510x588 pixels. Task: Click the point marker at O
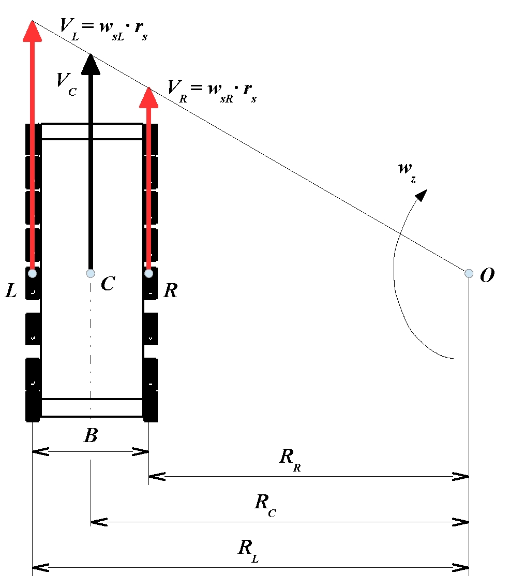point(469,273)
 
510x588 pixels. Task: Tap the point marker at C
point(91,273)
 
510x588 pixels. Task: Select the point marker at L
point(33,273)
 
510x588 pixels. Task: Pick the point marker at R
point(149,273)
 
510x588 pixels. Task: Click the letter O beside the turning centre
point(487,275)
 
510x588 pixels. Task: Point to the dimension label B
point(91,435)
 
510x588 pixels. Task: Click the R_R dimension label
point(290,460)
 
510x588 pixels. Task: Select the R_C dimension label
point(265,505)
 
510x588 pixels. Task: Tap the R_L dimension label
point(248,551)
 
